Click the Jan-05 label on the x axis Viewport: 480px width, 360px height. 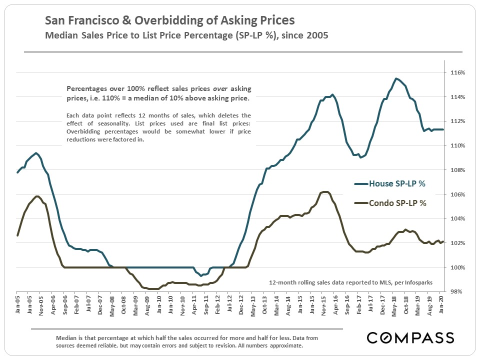(x=16, y=304)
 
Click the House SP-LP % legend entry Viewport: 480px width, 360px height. (x=397, y=184)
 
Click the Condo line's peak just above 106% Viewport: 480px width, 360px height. (x=325, y=192)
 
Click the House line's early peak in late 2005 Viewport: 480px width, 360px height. (x=36, y=153)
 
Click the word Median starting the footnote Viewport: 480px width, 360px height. (x=67, y=338)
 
